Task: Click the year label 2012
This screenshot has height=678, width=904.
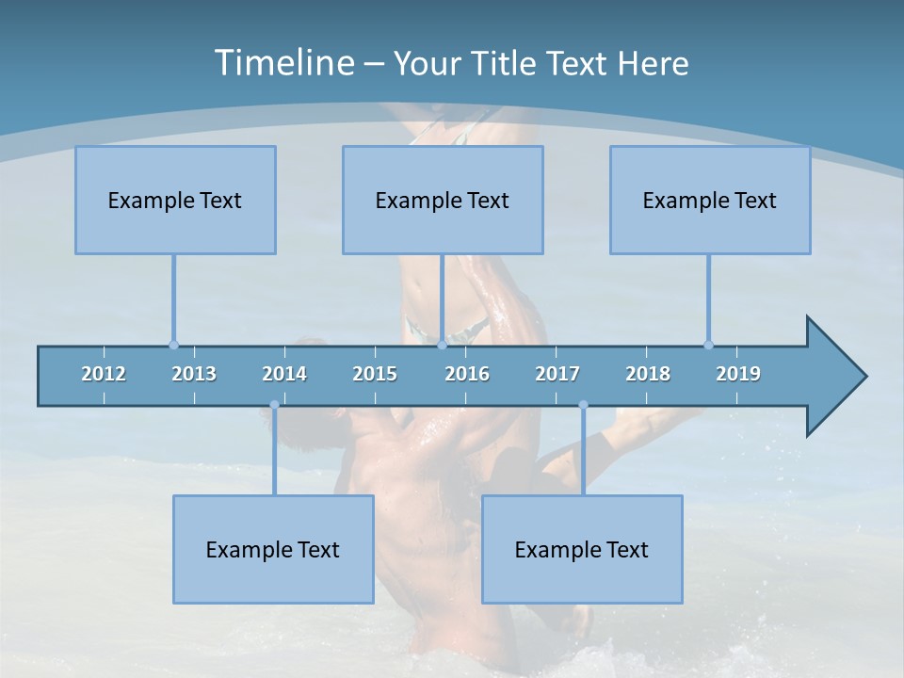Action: [104, 374]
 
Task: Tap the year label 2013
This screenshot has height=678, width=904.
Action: [194, 374]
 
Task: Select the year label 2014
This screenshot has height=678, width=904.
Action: [284, 374]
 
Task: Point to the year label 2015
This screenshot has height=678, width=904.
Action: [375, 374]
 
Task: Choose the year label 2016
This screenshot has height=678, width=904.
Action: [467, 374]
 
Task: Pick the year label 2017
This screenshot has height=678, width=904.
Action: [557, 374]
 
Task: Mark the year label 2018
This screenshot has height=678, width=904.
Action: [648, 374]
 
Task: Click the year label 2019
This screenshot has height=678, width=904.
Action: [738, 374]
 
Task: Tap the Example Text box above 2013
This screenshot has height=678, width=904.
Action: [175, 200]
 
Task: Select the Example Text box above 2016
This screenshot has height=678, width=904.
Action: [443, 200]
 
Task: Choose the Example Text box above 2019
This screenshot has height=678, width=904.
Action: [710, 200]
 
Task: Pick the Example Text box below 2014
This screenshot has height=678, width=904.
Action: [273, 549]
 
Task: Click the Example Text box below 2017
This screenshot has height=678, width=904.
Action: [582, 549]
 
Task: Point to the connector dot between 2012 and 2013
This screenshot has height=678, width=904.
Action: [173, 345]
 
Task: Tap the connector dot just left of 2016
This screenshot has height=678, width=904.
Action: [442, 345]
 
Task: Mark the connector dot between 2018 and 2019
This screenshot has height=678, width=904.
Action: [708, 345]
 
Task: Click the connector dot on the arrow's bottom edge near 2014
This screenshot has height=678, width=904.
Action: [274, 405]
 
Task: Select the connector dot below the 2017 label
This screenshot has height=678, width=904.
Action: [583, 405]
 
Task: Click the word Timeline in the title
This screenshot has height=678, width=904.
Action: [282, 62]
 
